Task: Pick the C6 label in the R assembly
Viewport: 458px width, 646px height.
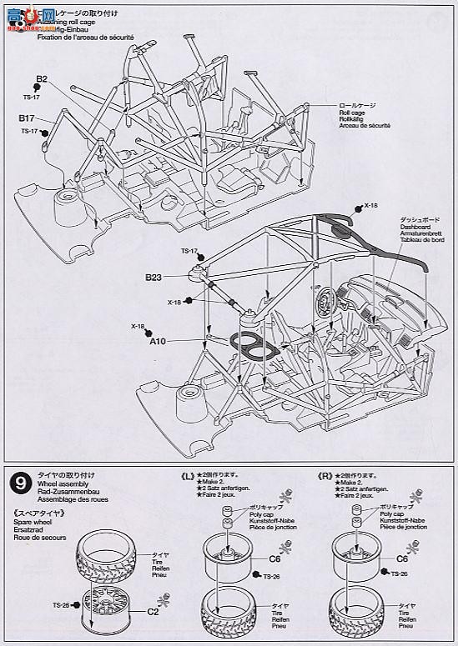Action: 402,560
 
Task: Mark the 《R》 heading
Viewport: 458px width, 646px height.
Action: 325,476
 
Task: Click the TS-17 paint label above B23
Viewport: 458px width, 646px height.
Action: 189,251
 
